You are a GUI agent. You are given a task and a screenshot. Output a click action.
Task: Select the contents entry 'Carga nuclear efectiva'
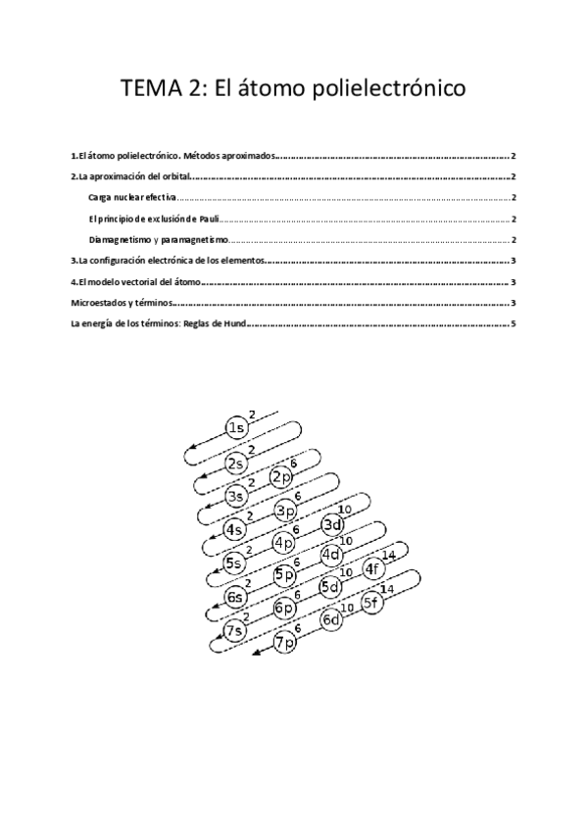132,197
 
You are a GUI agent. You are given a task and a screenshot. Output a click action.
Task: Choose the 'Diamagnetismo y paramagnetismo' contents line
158,239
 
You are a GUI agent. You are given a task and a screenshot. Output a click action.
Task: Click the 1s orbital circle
236,428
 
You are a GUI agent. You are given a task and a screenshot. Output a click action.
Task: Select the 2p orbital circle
282,477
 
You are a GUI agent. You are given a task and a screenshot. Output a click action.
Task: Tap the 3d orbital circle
332,525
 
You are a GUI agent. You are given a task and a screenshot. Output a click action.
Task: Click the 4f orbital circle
374,568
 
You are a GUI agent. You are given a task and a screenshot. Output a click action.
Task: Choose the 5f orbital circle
372,603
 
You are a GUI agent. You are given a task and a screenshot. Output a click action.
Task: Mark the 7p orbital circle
285,644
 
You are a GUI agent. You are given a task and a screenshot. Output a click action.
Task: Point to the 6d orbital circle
332,619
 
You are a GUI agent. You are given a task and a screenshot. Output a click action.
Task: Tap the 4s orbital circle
235,530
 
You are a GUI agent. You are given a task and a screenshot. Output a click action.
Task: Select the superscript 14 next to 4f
390,555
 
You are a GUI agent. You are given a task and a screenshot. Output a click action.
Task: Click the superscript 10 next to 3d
343,510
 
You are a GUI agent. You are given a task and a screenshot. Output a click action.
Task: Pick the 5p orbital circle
284,575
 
